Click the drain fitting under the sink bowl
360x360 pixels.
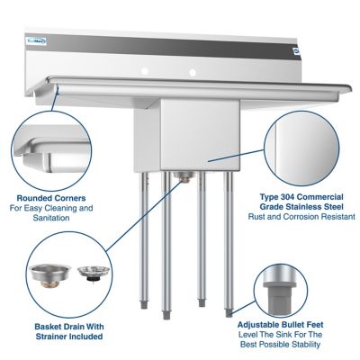(183, 177)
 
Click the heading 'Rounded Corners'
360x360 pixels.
(50, 198)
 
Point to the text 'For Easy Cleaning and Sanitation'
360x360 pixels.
(51, 213)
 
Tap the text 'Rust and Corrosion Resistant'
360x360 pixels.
(301, 217)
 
